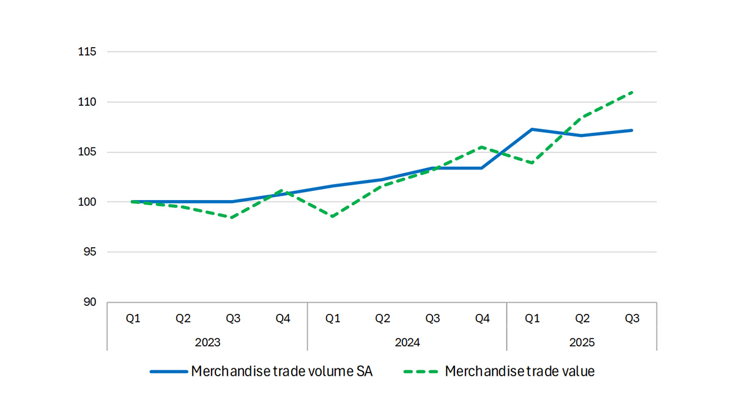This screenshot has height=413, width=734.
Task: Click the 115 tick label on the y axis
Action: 88,51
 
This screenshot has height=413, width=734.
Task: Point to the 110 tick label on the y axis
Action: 88,102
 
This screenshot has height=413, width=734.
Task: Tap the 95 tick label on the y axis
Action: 91,251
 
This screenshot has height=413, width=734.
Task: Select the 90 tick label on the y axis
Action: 91,302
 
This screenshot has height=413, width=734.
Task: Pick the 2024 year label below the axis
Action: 407,342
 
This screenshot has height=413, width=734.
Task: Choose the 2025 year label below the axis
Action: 581,342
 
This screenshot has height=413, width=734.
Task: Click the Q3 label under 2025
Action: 632,319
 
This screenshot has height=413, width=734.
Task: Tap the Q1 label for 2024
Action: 332,319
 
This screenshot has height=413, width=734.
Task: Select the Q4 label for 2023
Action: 282,319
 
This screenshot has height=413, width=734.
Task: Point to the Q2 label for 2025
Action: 582,319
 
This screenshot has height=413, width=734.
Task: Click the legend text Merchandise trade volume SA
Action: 281,371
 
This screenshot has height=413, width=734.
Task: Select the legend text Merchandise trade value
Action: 520,371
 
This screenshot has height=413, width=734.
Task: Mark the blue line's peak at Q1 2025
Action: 532,129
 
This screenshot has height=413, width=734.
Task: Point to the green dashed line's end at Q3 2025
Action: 632,92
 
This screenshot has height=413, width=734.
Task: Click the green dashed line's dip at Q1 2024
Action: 332,217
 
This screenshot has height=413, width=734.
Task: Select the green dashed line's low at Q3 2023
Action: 232,217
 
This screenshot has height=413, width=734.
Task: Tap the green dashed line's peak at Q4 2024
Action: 482,147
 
